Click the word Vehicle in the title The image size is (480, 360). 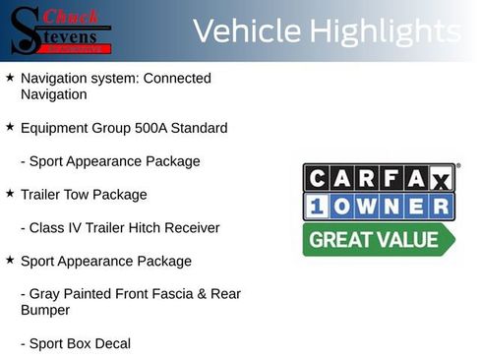click(246, 31)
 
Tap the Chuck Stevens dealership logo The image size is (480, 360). click(61, 30)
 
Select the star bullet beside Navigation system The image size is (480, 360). click(10, 77)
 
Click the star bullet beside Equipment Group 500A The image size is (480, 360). click(10, 127)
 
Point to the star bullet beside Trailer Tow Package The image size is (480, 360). click(10, 194)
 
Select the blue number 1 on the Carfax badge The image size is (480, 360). click(317, 208)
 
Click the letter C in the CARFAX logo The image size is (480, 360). click(317, 178)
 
